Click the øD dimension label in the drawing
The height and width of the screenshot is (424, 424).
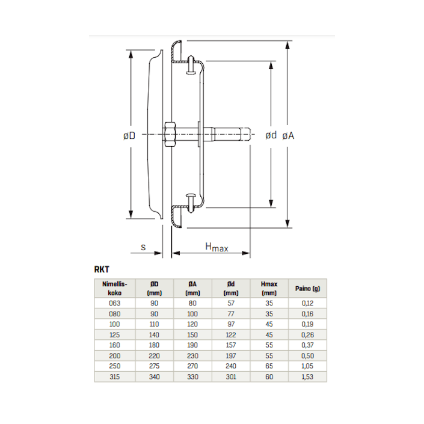pyautogui.click(x=129, y=135)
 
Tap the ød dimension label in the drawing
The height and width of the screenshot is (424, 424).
pyautogui.click(x=271, y=135)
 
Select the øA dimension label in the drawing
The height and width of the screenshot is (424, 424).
pyautogui.click(x=288, y=135)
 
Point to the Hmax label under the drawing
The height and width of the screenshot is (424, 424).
pyautogui.click(x=217, y=247)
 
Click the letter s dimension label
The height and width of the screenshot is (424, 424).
pyautogui.click(x=143, y=247)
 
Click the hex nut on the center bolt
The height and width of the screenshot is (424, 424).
pyautogui.click(x=169, y=134)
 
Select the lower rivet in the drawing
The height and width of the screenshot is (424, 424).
pyautogui.click(x=191, y=203)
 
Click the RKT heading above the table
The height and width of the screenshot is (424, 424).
pyautogui.click(x=102, y=269)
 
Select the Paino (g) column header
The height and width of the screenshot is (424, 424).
pyautogui.click(x=307, y=289)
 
